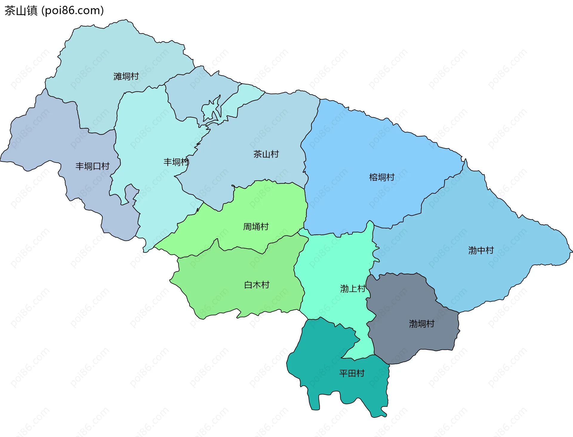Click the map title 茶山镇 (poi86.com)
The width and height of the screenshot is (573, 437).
point(54,11)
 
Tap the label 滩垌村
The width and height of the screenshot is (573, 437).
point(126,76)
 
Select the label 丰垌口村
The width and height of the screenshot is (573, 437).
point(93,166)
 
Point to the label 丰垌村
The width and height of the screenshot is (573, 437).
point(176,162)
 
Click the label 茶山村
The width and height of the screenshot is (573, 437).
point(266,154)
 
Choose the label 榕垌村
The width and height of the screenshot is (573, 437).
point(382,177)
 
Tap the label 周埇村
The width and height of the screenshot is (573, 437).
point(256,227)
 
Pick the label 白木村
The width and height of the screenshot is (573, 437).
point(257,285)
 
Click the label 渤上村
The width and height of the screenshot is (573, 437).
point(353,288)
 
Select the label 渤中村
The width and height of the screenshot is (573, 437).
point(481,250)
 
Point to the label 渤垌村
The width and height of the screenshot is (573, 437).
point(421,324)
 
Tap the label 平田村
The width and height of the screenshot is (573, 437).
point(352,373)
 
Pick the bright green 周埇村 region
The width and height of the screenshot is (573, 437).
point(269,203)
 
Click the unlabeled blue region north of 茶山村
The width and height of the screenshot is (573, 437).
point(197,90)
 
